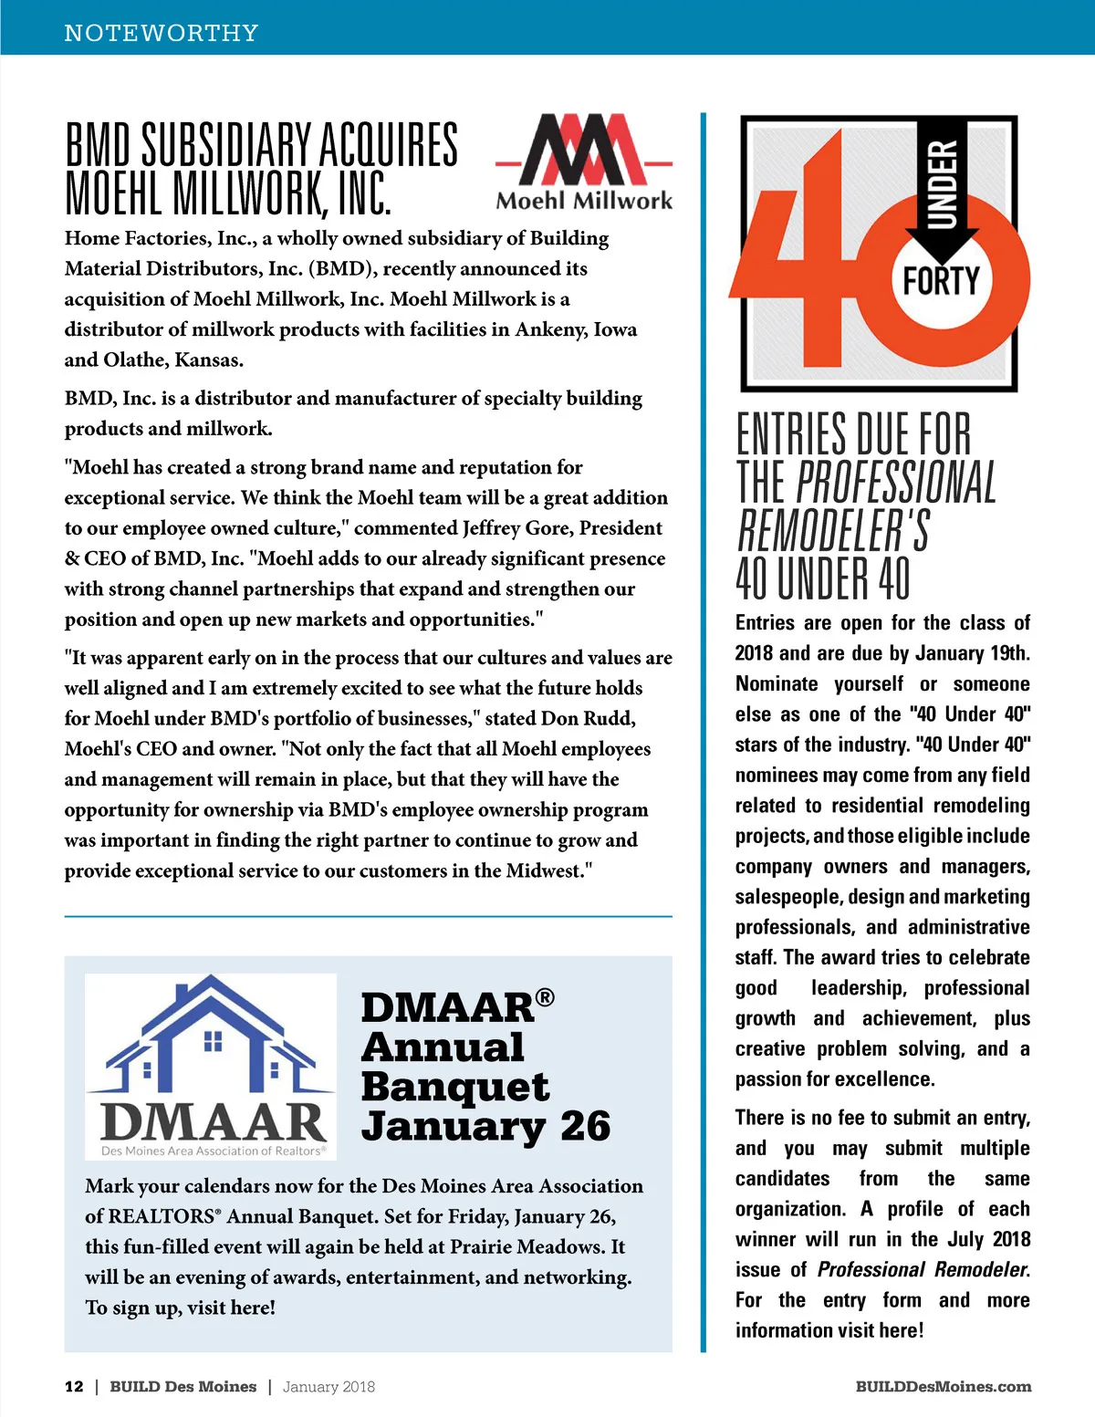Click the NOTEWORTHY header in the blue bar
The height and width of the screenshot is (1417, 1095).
(x=162, y=33)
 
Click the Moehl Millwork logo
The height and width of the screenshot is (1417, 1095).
(x=584, y=162)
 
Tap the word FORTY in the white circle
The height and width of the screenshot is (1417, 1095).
(x=941, y=281)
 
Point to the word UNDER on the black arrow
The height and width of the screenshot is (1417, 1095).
(x=943, y=183)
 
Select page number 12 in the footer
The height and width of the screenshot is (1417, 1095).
(x=74, y=1386)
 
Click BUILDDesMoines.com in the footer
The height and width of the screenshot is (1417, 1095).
(x=944, y=1386)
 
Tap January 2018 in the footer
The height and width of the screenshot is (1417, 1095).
(x=328, y=1386)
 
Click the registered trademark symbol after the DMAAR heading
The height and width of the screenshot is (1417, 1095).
(x=545, y=997)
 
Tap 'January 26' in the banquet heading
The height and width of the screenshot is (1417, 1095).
(x=485, y=1126)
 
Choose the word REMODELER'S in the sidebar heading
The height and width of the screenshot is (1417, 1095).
(x=833, y=530)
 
